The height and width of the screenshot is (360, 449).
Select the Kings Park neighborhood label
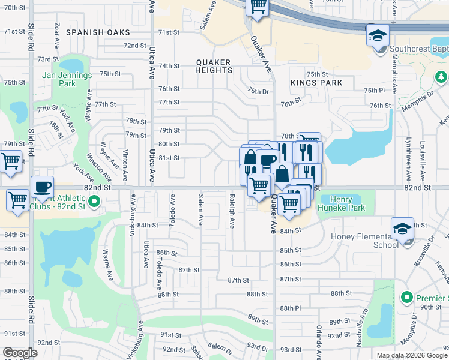coord(316,83)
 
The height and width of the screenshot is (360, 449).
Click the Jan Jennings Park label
coord(67,79)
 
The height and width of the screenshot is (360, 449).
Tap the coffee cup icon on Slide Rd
coord(41,188)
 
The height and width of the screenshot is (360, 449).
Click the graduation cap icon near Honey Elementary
coord(402,229)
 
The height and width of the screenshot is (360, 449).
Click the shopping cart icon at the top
coord(258,7)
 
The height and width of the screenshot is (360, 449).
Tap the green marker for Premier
coord(406,298)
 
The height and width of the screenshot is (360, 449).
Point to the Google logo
coord(20,353)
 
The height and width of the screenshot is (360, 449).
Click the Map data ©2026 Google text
coord(411,355)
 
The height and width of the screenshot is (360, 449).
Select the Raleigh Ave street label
coord(232,210)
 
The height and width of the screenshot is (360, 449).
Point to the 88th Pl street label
coord(290,308)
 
